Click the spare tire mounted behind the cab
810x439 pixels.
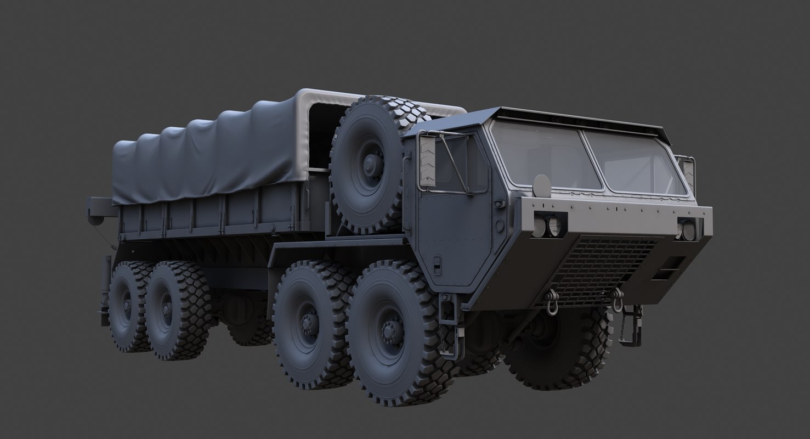click(x=373, y=164)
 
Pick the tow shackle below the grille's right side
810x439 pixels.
click(x=618, y=300)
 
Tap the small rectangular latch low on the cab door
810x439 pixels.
click(x=437, y=264)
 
